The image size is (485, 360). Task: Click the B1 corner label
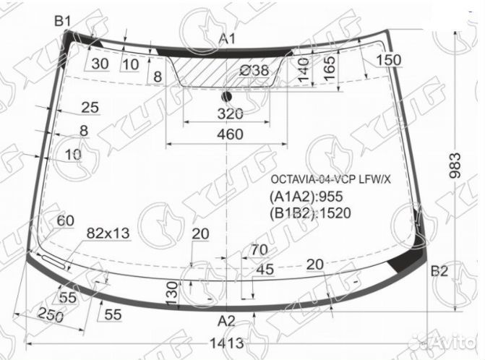(64, 21)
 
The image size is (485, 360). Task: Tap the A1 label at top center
(228, 39)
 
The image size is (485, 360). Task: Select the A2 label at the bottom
(227, 321)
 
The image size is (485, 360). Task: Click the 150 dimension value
(389, 60)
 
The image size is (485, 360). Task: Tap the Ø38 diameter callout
(253, 70)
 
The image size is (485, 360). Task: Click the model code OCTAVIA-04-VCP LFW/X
(330, 180)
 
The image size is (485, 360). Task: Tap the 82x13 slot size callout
(108, 233)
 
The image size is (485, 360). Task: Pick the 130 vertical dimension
(171, 293)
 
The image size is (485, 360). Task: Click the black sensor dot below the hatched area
(227, 96)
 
